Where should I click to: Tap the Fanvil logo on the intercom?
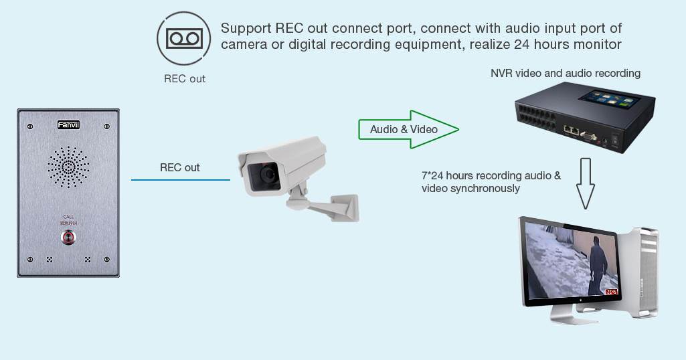[x=68, y=125]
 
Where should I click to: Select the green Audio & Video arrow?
[x=408, y=129]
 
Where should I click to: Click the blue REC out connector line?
[x=180, y=179]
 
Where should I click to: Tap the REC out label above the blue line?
[x=179, y=167]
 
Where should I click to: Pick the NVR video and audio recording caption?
[x=566, y=73]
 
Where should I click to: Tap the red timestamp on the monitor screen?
[x=611, y=292]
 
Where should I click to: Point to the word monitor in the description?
[x=599, y=45]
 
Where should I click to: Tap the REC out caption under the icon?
[x=185, y=78]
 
